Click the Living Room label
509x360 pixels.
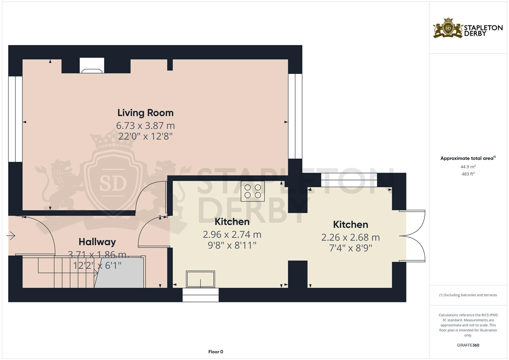(145, 113)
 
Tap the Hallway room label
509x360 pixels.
(97, 242)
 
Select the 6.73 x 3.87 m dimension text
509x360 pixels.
(145, 126)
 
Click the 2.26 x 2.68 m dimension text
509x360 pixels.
(350, 237)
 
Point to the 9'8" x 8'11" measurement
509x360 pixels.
(232, 245)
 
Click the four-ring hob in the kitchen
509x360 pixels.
(253, 191)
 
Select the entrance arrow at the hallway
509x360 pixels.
(11, 236)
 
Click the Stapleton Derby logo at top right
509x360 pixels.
(468, 28)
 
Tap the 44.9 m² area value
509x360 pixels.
(468, 167)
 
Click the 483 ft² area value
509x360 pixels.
(468, 174)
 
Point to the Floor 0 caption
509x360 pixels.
(215, 352)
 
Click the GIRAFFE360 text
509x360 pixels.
(468, 345)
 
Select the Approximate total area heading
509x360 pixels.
(468, 158)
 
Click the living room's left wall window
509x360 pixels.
(15, 119)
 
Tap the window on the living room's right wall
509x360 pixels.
(295, 116)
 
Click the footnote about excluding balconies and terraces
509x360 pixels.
(468, 295)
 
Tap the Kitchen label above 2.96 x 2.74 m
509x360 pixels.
(232, 222)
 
